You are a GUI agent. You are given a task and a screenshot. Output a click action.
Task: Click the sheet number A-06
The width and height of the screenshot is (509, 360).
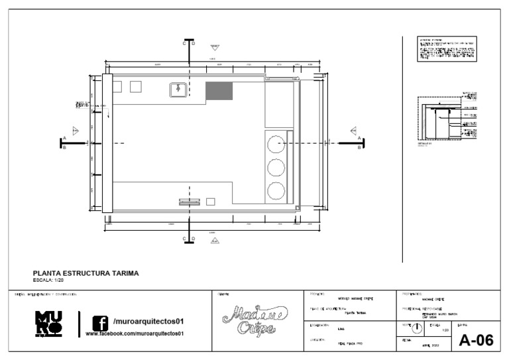476,341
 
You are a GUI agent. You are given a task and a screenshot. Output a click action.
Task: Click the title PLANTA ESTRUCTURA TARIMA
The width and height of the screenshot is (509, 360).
85,272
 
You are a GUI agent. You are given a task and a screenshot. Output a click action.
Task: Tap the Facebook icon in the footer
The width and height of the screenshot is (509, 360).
100,324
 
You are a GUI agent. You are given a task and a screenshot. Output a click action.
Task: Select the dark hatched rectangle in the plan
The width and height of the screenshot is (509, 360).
219,91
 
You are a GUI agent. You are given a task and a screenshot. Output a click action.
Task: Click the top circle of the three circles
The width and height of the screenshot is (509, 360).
276,141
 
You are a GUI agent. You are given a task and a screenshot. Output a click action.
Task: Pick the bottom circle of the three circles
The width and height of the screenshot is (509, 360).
276,192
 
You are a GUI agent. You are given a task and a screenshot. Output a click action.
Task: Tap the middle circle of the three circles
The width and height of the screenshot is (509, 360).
276,166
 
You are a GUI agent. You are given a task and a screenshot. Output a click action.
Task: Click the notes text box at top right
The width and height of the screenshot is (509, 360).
447,50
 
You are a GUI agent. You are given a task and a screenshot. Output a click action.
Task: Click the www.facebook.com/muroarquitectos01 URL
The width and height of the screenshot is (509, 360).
135,333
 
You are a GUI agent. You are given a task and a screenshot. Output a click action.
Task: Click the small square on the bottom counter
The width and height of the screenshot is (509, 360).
211,202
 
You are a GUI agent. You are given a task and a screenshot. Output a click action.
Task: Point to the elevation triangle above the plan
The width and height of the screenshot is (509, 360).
214,48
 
